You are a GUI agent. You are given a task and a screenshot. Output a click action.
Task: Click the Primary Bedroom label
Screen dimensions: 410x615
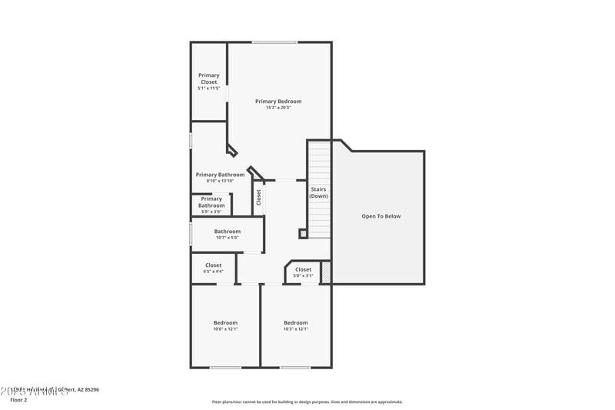pos(278,102)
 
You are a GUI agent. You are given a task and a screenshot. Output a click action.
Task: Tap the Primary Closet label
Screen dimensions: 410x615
pos(209,78)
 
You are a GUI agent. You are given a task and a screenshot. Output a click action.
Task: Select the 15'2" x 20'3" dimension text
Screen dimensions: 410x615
pos(278,108)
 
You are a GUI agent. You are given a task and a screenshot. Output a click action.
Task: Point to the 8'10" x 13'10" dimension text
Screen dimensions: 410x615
pos(220,181)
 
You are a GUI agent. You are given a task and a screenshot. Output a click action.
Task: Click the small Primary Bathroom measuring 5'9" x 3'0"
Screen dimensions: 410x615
pos(211,202)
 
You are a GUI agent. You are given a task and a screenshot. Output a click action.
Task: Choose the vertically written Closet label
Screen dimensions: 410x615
pos(259,198)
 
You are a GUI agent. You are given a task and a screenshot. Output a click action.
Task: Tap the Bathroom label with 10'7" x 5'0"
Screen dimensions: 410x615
pos(227,232)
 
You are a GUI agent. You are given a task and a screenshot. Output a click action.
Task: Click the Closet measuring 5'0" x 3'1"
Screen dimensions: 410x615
pos(304,270)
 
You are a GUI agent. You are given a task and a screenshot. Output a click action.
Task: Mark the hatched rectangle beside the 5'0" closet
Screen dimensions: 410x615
pos(326,272)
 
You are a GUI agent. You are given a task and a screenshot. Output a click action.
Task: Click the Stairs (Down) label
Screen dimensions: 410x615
pos(319,192)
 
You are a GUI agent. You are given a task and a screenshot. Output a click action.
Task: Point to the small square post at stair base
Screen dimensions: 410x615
pos(304,233)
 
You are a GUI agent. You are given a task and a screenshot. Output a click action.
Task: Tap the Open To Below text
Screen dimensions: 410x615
pos(381,216)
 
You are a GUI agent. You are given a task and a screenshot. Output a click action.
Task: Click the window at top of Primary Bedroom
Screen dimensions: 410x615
pos(275,42)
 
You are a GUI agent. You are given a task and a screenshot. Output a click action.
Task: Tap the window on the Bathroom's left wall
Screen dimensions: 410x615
pos(191,234)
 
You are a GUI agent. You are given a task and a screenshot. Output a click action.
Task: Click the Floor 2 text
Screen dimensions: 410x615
pos(18,400)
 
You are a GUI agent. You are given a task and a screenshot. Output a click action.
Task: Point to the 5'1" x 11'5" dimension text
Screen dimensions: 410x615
pos(209,88)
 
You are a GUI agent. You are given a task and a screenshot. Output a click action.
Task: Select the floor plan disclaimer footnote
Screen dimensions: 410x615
pos(307,402)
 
